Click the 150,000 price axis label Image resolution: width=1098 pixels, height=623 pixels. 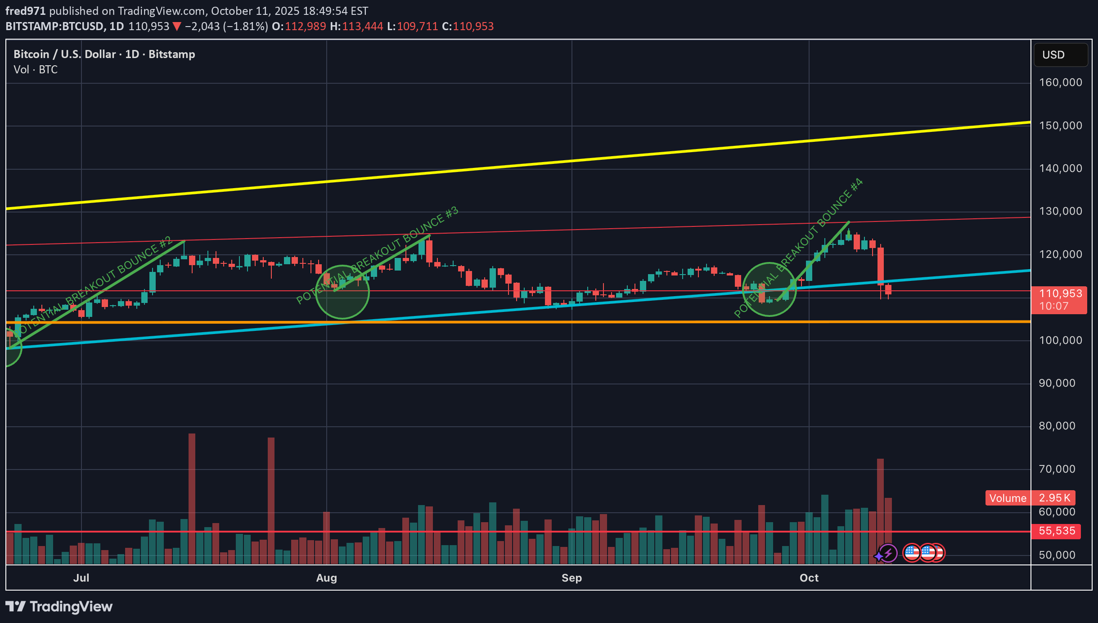pos(1060,126)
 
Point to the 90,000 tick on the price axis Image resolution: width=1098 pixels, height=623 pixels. pos(1057,383)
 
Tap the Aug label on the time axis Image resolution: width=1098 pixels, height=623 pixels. pos(326,578)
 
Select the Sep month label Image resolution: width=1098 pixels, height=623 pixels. pos(571,578)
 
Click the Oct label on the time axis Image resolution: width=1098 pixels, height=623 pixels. pos(809,578)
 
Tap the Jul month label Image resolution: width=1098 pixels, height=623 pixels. pos(81,578)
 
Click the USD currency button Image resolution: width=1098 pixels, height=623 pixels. pos(1060,55)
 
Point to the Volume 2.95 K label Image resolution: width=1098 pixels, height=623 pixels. pos(1030,498)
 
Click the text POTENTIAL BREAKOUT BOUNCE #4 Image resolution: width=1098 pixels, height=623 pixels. pos(799,248)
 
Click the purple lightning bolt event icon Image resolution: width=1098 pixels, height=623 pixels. pos(888,553)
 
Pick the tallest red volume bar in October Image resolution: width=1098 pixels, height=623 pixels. pos(880,511)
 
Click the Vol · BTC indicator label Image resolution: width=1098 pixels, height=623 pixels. pos(36,70)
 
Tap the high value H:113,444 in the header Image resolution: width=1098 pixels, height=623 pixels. pos(356,27)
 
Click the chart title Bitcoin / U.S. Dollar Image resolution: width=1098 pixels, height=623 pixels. pos(67,54)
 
